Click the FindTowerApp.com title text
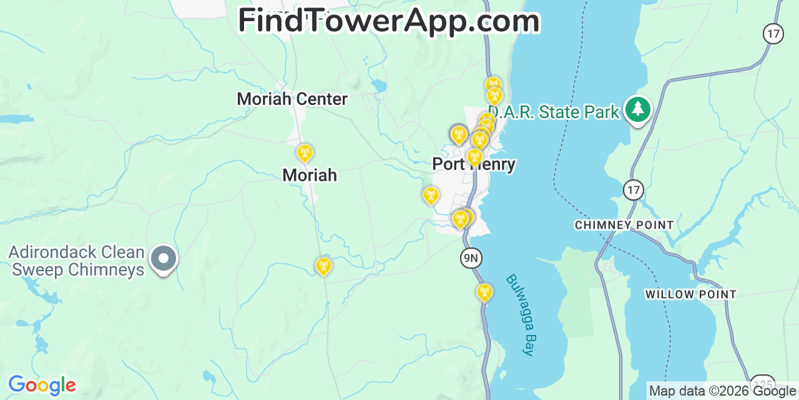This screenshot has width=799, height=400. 388,21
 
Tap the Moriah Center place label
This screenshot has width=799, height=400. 292,99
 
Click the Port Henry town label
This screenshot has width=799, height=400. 474,164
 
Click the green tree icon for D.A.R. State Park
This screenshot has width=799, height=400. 637,109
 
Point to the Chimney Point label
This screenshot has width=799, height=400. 624,225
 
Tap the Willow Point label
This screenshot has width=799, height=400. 691,294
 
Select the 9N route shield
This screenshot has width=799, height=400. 471,257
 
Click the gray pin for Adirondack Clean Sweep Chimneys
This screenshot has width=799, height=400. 164,258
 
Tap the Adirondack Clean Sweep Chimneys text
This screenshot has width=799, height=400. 76,261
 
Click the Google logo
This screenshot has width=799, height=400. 42,385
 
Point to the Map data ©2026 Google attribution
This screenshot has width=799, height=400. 722,391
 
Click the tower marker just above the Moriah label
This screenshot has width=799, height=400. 305,152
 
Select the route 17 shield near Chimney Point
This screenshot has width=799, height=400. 634,189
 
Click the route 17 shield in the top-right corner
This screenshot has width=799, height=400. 773,33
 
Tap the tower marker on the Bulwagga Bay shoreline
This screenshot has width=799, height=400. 484,291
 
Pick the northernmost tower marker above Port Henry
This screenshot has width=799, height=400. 493,85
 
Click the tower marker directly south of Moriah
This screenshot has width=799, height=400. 323,266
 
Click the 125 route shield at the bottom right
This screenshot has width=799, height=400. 763,384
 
